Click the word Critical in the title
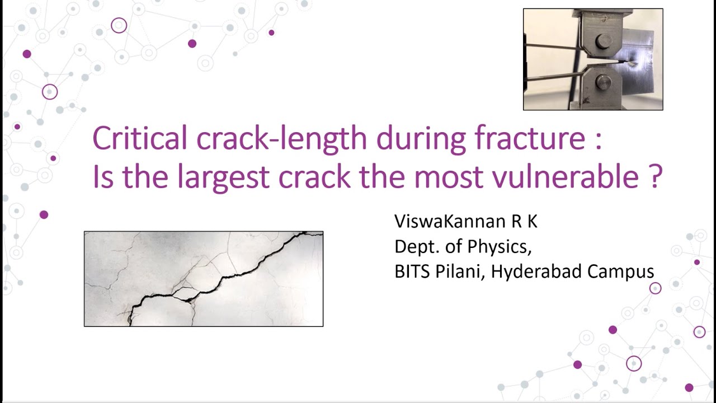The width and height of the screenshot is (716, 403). click(140, 138)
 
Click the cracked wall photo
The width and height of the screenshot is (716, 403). click(204, 279)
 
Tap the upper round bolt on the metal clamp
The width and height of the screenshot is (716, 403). click(603, 41)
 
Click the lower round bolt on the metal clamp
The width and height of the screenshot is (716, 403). click(603, 82)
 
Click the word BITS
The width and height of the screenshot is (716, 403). click(413, 272)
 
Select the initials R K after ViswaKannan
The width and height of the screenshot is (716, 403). click(524, 222)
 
